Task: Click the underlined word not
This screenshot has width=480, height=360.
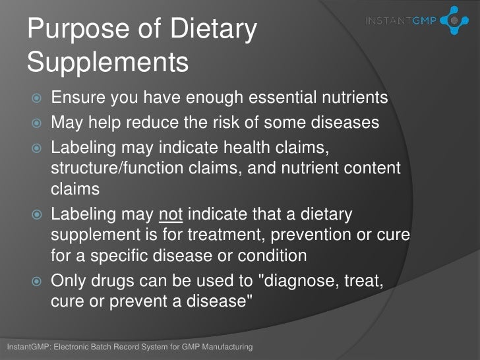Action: tap(169, 215)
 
